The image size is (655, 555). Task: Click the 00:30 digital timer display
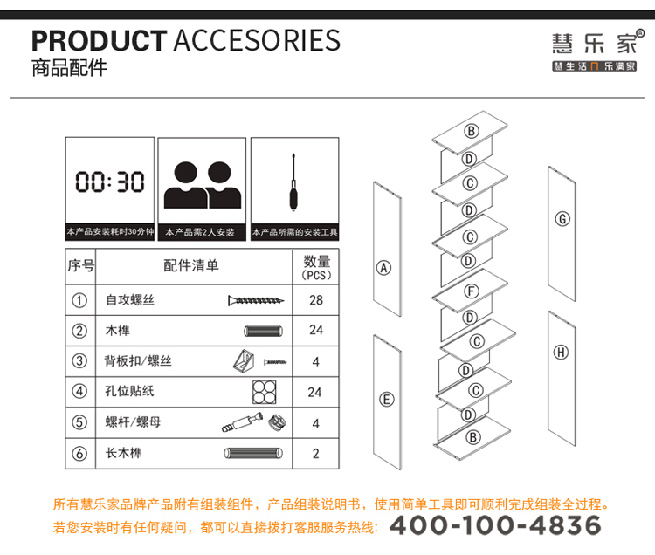(110, 182)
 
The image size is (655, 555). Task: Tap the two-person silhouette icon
(203, 184)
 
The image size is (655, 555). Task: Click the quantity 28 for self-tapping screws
(315, 301)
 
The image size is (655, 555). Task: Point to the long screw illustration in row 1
(257, 301)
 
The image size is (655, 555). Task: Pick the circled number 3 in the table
(79, 361)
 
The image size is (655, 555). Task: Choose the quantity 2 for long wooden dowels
(315, 453)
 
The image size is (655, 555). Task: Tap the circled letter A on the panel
(383, 268)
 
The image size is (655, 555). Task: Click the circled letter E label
(386, 400)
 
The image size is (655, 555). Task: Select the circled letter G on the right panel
(562, 218)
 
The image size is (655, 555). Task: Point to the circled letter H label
(561, 352)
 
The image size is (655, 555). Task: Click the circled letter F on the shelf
(472, 291)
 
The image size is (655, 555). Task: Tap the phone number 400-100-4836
(495, 524)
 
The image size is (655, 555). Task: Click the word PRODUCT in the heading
(98, 40)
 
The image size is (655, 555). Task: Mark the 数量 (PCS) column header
(316, 267)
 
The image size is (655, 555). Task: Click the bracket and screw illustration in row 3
(259, 360)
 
